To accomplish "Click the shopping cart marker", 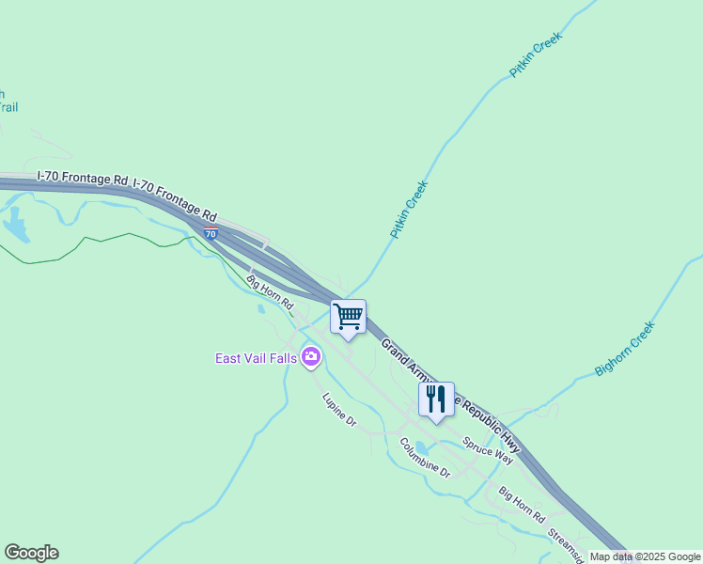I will (x=348, y=317).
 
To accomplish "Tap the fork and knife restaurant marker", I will (x=436, y=399).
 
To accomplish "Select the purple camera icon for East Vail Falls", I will (x=311, y=357).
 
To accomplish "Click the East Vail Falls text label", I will (x=256, y=358).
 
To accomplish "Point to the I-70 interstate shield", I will (x=211, y=232).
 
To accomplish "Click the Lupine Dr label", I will (x=339, y=410).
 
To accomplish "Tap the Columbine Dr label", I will (x=425, y=458).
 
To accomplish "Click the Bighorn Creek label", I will (x=624, y=348).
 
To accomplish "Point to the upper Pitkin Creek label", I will (x=535, y=55).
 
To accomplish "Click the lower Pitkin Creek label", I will (x=409, y=209).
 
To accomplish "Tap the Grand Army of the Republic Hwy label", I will (x=451, y=396).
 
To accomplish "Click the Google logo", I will (x=31, y=553).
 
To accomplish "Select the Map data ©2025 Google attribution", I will (x=645, y=556).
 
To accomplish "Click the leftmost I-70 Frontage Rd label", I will (x=82, y=177).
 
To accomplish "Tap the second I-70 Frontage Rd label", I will (x=176, y=194).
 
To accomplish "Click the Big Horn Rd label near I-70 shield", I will (x=270, y=292).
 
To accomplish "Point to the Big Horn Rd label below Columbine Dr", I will (x=522, y=505).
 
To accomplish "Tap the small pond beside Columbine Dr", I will (x=421, y=446).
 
